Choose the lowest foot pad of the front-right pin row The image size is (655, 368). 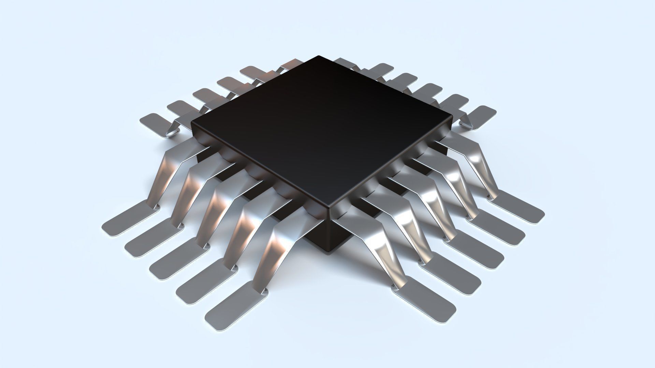pyautogui.click(x=425, y=300)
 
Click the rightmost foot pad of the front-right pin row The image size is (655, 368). pyautogui.click(x=519, y=208)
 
